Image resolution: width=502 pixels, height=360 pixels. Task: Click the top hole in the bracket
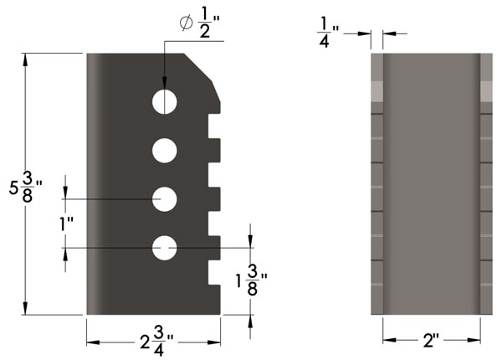pyautogui.click(x=165, y=100)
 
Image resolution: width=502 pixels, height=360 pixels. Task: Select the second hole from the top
pyautogui.click(x=165, y=151)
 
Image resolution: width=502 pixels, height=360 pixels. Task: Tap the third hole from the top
pyautogui.click(x=165, y=199)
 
